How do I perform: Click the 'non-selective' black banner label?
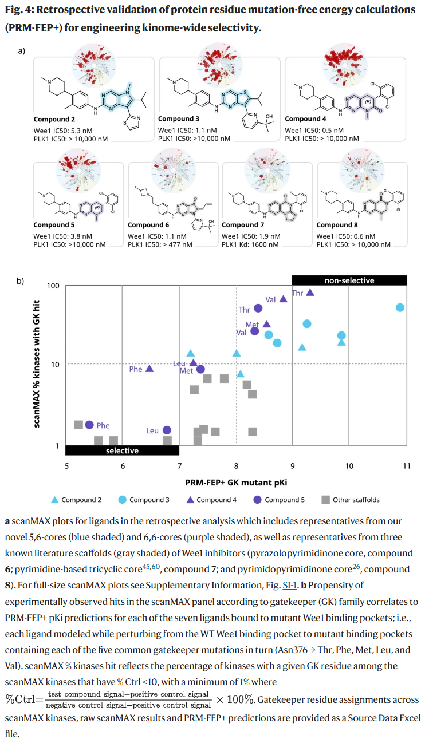[x=349, y=280]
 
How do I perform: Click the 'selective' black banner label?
[x=123, y=450]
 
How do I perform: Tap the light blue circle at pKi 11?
[x=400, y=307]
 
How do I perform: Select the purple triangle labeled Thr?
[x=310, y=292]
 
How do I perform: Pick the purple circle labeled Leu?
[x=167, y=430]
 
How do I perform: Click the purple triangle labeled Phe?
[x=149, y=369]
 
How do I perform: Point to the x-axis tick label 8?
[x=237, y=465]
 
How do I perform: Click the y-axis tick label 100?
[x=53, y=286]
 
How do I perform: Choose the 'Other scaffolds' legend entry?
[x=350, y=500]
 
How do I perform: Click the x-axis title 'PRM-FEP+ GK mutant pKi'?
[x=236, y=483]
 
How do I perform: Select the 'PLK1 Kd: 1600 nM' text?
[x=250, y=244]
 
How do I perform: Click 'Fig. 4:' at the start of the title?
[x=18, y=10]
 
